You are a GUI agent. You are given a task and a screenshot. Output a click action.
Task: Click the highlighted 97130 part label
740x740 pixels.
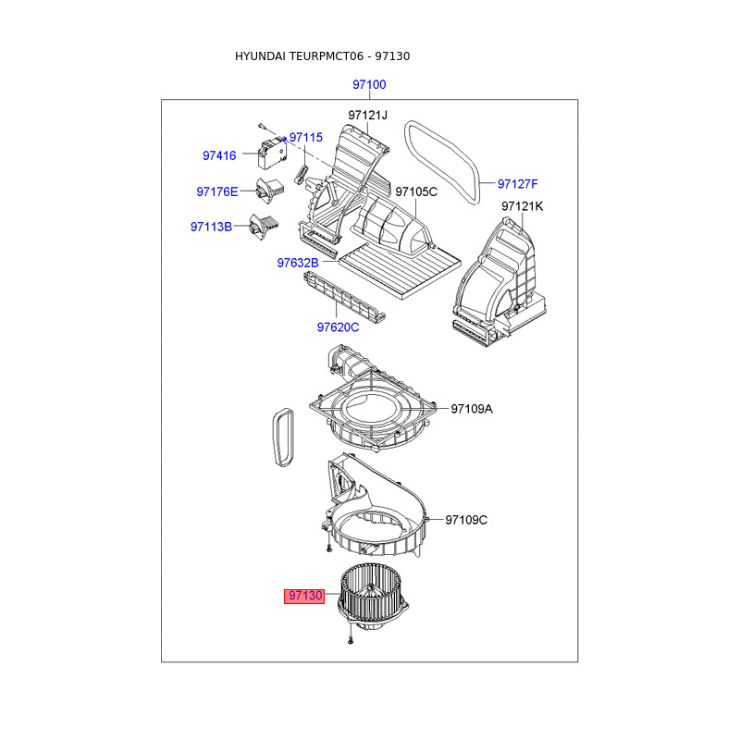pyautogui.click(x=304, y=597)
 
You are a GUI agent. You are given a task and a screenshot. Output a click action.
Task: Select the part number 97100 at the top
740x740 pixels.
pyautogui.click(x=369, y=85)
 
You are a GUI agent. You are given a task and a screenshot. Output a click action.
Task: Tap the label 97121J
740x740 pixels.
pyautogui.click(x=368, y=115)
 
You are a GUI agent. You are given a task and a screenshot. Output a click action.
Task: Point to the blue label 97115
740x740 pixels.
pyautogui.click(x=306, y=137)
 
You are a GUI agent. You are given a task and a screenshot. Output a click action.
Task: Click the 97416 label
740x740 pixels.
pyautogui.click(x=220, y=156)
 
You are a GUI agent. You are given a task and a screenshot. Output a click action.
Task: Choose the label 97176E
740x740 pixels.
pyautogui.click(x=217, y=191)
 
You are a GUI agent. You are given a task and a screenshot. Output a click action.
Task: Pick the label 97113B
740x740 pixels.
pyautogui.click(x=212, y=227)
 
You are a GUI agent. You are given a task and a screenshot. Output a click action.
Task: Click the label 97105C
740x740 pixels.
pyautogui.click(x=416, y=191)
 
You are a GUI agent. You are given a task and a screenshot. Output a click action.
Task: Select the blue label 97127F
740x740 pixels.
pyautogui.click(x=518, y=182)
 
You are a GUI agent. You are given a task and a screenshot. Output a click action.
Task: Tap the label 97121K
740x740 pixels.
pyautogui.click(x=523, y=206)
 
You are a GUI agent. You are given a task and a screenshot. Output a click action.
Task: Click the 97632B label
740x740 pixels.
pyautogui.click(x=298, y=264)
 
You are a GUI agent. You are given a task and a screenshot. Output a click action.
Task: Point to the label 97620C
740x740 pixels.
pyautogui.click(x=338, y=327)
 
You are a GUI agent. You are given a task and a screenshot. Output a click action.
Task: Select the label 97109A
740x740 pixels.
pyautogui.click(x=472, y=408)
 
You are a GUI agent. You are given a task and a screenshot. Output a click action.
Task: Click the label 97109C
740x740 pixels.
pyautogui.click(x=466, y=520)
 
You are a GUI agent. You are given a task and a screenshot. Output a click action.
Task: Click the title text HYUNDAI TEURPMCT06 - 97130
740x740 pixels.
pyautogui.click(x=322, y=56)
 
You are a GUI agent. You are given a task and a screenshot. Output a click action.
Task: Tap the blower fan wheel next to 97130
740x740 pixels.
pyautogui.click(x=375, y=597)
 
